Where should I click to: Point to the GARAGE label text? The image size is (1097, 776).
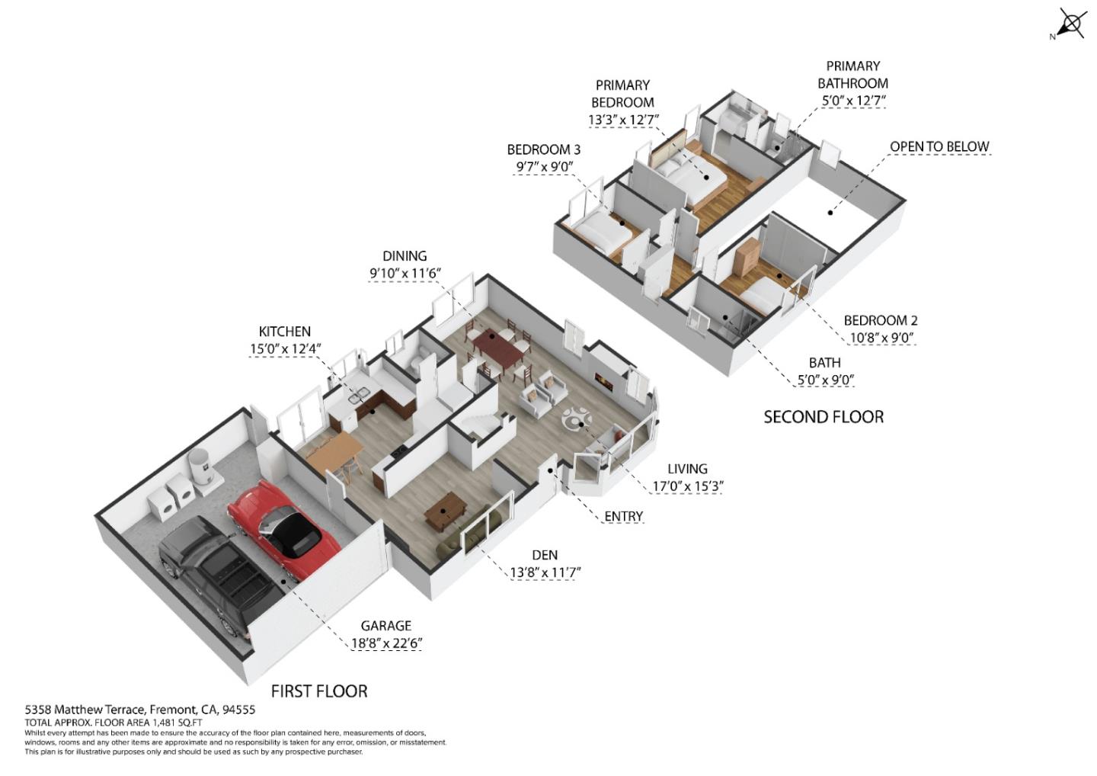pos(385,626)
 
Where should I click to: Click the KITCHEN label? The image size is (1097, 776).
pos(284,332)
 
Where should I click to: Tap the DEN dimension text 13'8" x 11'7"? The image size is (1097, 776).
pos(545,572)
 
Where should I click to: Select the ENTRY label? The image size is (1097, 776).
pos(623,516)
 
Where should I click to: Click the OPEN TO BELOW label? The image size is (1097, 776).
pos(939,146)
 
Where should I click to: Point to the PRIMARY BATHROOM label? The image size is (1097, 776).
pos(852,75)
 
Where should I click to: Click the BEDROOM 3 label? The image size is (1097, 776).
pos(543,149)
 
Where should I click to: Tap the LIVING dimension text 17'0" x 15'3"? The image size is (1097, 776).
pos(687,486)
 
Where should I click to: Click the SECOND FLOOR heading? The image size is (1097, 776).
pos(824,417)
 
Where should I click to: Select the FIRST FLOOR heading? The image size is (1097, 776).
pos(319,691)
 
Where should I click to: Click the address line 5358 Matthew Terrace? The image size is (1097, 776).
pos(140,710)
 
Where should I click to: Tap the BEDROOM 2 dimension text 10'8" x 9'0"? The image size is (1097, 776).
pos(881,338)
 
